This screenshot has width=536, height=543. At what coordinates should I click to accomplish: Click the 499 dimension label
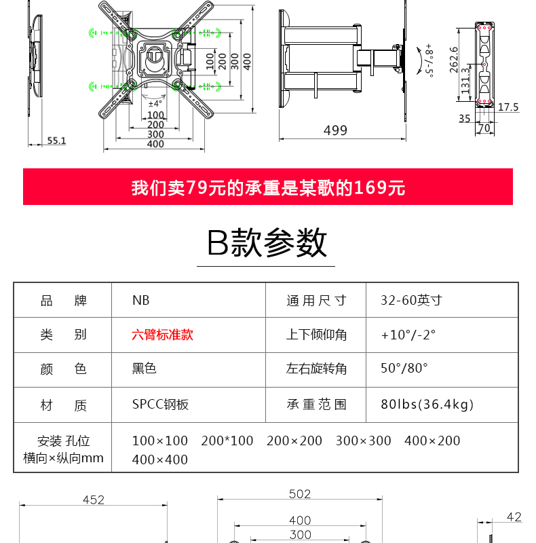click(335, 130)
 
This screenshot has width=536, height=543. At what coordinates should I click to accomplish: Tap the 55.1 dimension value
click(56, 141)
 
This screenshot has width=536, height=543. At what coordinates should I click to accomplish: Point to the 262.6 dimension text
click(454, 60)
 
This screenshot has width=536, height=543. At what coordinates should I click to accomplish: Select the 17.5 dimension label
click(508, 107)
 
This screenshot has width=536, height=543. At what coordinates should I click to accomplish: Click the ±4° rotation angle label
click(155, 104)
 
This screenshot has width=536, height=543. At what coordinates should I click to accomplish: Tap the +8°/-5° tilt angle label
click(429, 60)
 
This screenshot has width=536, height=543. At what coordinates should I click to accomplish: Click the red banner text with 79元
click(268, 188)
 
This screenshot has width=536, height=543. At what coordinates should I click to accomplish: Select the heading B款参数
click(267, 242)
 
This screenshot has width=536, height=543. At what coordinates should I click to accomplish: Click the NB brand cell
click(141, 300)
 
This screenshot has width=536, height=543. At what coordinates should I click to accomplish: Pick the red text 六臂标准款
click(162, 335)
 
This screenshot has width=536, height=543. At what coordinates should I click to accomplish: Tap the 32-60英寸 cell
click(411, 300)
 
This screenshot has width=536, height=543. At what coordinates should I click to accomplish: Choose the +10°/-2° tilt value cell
click(408, 335)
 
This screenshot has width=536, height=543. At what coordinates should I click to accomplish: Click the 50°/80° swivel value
click(404, 368)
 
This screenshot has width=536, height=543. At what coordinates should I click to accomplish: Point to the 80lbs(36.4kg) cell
click(427, 404)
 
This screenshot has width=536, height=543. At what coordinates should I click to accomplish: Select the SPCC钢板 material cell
click(160, 404)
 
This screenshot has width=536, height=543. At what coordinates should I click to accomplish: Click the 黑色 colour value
click(144, 368)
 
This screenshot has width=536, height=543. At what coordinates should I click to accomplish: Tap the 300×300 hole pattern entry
click(363, 441)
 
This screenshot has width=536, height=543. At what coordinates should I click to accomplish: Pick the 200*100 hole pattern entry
click(227, 441)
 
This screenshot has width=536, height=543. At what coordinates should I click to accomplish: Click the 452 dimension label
click(94, 500)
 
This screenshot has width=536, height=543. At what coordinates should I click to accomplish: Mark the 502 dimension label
click(300, 494)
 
